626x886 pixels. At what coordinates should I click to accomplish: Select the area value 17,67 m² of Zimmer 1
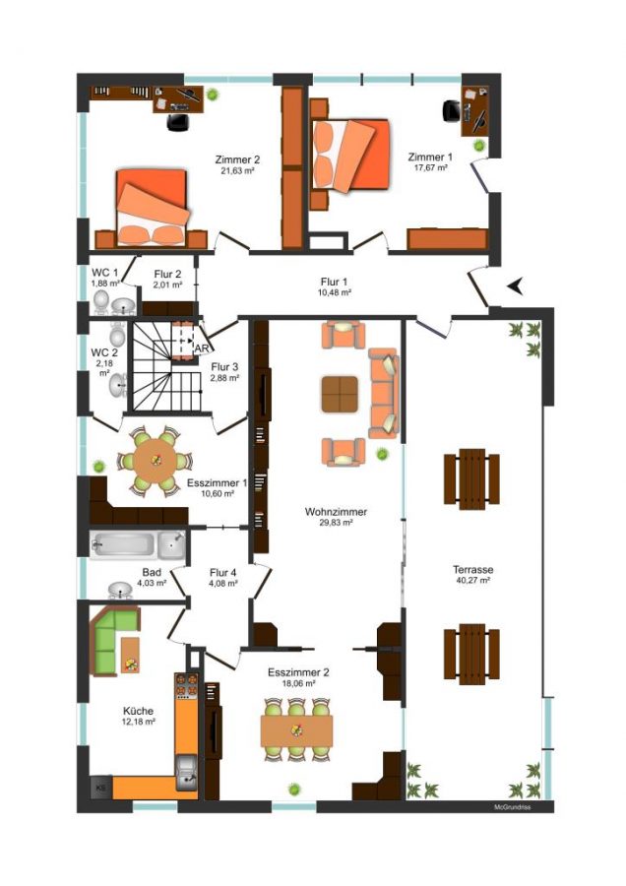click(x=429, y=167)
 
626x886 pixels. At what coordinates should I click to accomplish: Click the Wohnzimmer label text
click(x=336, y=512)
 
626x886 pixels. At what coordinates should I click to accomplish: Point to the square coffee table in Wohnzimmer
click(x=340, y=394)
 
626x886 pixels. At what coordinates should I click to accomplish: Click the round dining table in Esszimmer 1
click(x=155, y=461)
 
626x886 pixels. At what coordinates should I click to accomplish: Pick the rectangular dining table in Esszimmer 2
click(x=296, y=730)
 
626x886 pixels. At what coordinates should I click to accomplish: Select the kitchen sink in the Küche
click(x=186, y=773)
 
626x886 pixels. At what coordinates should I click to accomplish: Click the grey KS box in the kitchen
click(x=101, y=788)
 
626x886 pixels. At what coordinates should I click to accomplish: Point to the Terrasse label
click(x=472, y=570)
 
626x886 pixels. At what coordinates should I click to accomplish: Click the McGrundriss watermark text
click(x=513, y=807)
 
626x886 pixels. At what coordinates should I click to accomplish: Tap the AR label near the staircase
click(x=201, y=348)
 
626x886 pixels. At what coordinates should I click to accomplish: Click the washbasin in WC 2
click(x=118, y=385)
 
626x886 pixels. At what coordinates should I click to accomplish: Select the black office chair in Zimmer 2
click(x=178, y=121)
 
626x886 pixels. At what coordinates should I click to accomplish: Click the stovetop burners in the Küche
click(x=186, y=684)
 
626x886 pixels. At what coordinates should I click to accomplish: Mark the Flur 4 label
click(x=222, y=572)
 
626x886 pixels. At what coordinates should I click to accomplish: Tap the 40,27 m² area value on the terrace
click(x=472, y=580)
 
